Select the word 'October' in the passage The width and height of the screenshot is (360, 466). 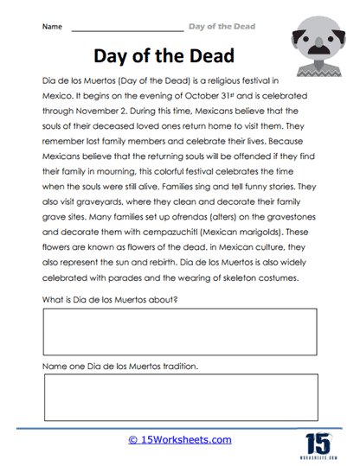(228, 96)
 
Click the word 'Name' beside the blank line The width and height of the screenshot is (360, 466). (52, 27)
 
